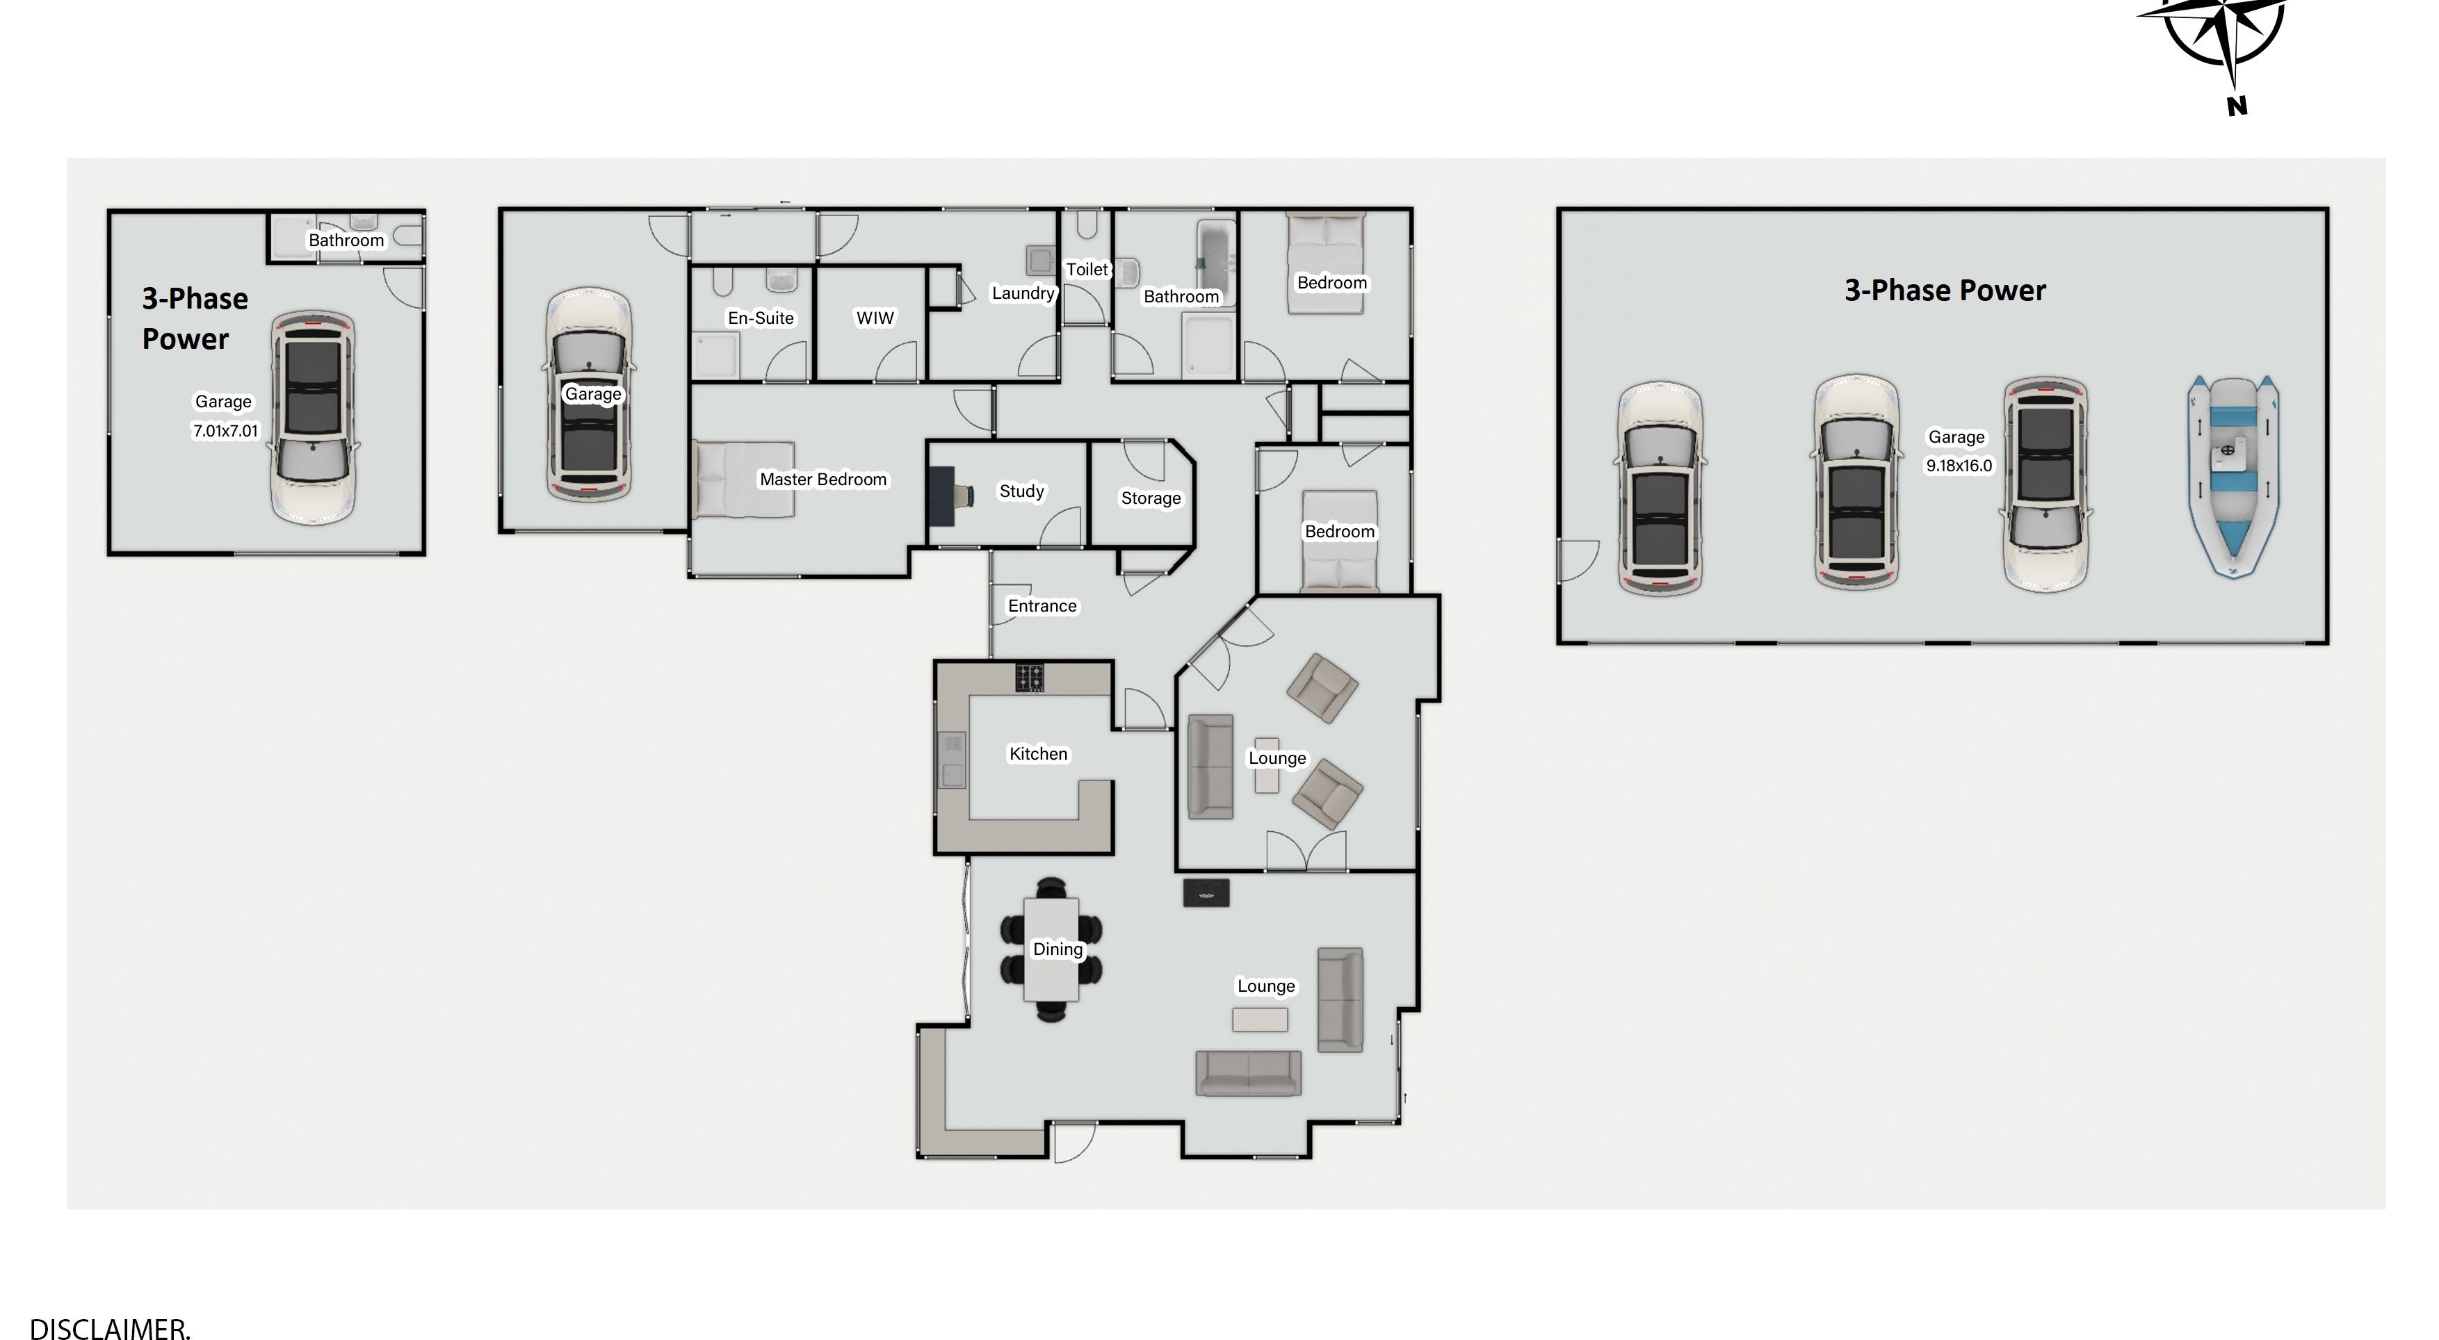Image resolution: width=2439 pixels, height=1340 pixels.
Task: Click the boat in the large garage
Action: [2233, 476]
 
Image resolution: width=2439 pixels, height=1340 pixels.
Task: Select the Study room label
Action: [1021, 491]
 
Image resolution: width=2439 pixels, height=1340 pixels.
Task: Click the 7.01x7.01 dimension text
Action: [225, 431]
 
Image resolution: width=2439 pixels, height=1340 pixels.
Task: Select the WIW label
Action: [875, 318]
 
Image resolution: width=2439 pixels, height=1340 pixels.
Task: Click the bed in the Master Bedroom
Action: [743, 480]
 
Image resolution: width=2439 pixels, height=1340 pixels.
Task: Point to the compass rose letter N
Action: [2237, 106]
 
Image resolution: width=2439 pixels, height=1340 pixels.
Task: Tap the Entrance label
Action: [1042, 605]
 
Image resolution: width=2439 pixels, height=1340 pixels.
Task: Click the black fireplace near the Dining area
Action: [1206, 893]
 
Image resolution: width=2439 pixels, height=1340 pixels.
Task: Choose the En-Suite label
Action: [761, 318]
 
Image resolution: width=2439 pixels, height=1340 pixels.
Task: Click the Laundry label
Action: [1023, 293]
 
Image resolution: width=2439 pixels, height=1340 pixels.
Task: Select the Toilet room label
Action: [1087, 270]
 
